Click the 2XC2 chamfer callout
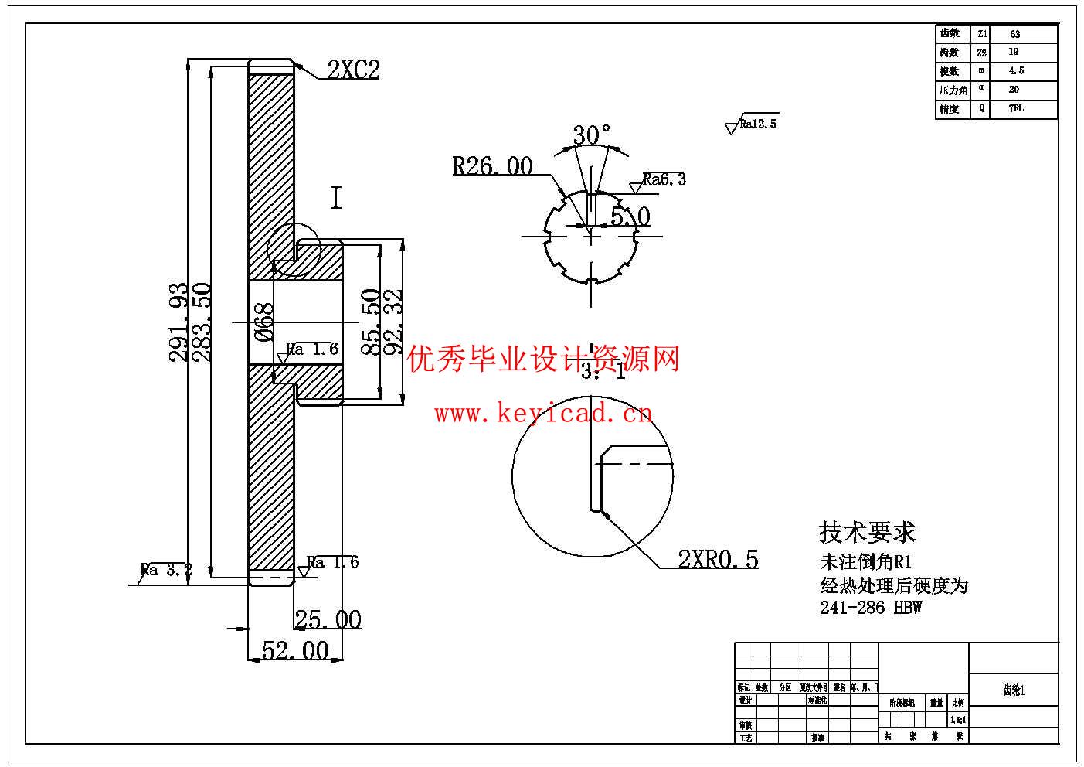coord(353,70)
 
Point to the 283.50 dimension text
coord(202,322)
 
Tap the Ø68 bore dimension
coord(264,322)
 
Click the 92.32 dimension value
coord(394,322)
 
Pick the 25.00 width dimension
coord(328,619)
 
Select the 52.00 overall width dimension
coord(295,651)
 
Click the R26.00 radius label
coord(492,165)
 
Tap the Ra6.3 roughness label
coord(664,179)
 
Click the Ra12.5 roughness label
coord(757,124)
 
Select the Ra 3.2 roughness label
coord(165,571)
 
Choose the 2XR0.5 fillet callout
coord(718,559)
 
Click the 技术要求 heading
coord(867,532)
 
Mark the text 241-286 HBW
coord(871,608)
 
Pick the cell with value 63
coord(1014,34)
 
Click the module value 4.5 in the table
coord(1016,71)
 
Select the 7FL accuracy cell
coord(1016,109)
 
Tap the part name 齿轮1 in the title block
coord(1014,690)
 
